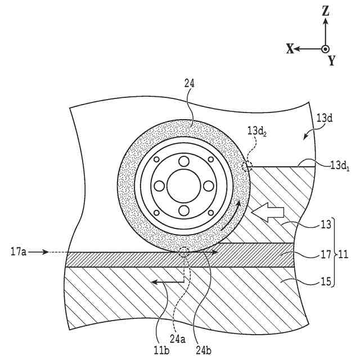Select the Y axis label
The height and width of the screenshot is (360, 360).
pyautogui.click(x=332, y=61)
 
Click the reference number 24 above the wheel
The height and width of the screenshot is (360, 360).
pyautogui.click(x=190, y=83)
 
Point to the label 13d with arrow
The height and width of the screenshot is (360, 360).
pyautogui.click(x=324, y=119)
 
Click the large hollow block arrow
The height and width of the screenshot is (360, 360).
pyautogui.click(x=269, y=213)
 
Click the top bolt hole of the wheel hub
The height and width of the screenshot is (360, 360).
pyautogui.click(x=183, y=161)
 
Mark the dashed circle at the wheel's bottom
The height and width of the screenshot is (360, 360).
pyautogui.click(x=184, y=251)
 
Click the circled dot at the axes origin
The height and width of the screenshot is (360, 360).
pyautogui.click(x=326, y=49)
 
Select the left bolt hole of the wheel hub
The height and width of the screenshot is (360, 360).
pyautogui.click(x=159, y=186)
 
